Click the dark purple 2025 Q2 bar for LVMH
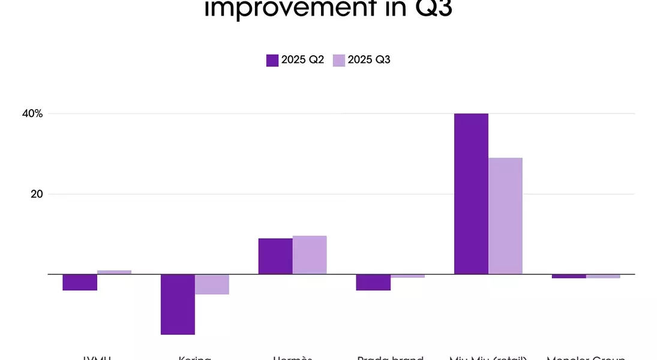point(80,282)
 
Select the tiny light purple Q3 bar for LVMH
point(114,272)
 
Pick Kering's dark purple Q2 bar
point(178,304)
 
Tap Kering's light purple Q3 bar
point(212,284)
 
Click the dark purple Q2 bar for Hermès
point(275,256)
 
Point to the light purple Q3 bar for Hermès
point(310,255)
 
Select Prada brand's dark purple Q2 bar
point(373,282)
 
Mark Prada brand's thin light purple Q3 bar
point(407,276)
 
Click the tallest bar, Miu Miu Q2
point(471,194)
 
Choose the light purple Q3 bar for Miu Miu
point(505,216)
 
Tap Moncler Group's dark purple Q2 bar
point(569,276)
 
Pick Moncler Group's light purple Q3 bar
point(603,276)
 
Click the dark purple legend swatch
point(272,60)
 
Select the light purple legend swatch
point(339,60)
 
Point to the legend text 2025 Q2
point(302,60)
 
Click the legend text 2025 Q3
point(369,60)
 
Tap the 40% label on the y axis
point(34,113)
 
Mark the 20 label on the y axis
point(37,194)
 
